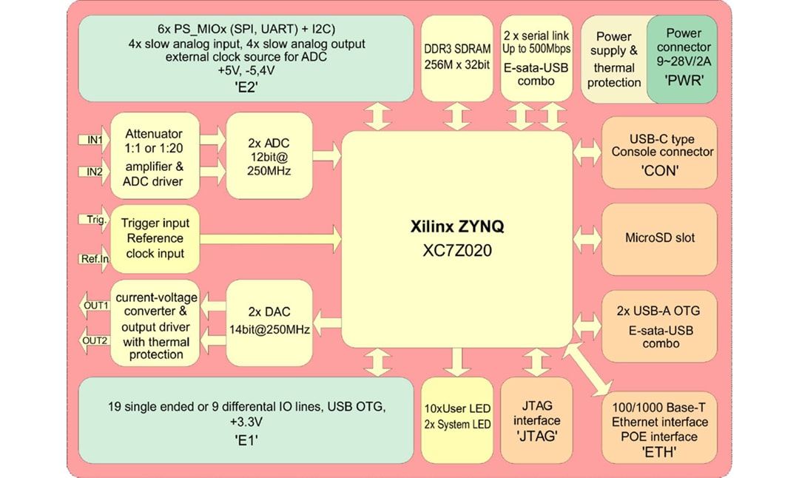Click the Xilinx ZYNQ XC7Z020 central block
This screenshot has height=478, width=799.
[456, 238]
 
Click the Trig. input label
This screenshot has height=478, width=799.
[94, 220]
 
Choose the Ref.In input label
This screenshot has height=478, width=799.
[94, 258]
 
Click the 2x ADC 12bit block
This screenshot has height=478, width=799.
[269, 156]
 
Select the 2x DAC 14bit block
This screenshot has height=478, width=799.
[269, 321]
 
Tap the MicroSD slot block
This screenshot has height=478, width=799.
[659, 238]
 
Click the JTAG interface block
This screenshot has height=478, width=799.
[538, 420]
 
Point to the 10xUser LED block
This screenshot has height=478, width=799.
[456, 420]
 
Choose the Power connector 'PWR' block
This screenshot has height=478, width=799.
[683, 57]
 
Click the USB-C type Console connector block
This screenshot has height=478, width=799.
[659, 152]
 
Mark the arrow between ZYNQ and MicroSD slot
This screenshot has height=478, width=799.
[587, 239]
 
